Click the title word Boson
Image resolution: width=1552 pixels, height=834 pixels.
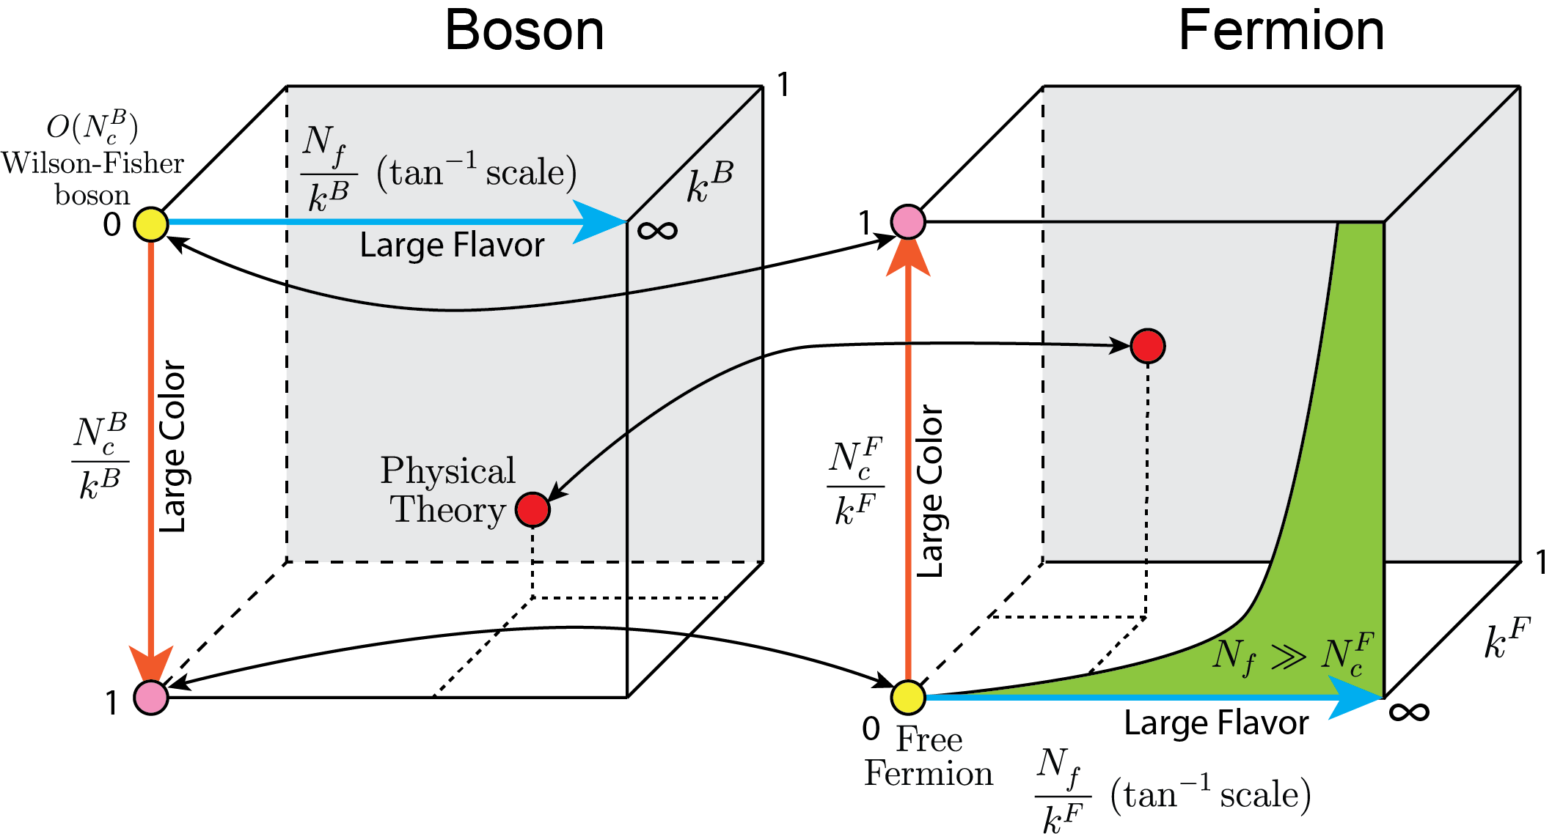tap(524, 31)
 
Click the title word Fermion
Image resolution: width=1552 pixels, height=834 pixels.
tap(1281, 31)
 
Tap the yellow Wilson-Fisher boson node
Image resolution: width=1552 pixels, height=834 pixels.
tap(151, 224)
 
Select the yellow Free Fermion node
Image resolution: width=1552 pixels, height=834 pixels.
tap(908, 696)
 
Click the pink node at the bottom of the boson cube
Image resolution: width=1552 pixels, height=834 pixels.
tap(151, 697)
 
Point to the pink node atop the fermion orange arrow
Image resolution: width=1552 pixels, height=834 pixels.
tap(908, 222)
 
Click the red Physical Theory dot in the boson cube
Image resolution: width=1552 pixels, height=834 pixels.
tap(532, 509)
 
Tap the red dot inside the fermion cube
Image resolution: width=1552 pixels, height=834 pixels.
tap(1148, 346)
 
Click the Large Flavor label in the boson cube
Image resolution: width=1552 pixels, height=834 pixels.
tap(452, 246)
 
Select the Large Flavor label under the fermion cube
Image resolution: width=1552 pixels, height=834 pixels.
tap(1216, 723)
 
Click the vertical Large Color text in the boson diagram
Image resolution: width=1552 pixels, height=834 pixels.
tap(174, 447)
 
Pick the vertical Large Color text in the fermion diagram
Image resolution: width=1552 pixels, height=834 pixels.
tap(931, 491)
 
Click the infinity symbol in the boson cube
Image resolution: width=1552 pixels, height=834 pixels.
tap(657, 231)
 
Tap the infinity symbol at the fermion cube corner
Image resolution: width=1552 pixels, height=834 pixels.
tap(1409, 712)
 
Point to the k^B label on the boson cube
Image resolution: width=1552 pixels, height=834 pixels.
tap(709, 182)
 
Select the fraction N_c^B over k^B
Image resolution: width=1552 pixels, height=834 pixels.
tap(100, 457)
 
